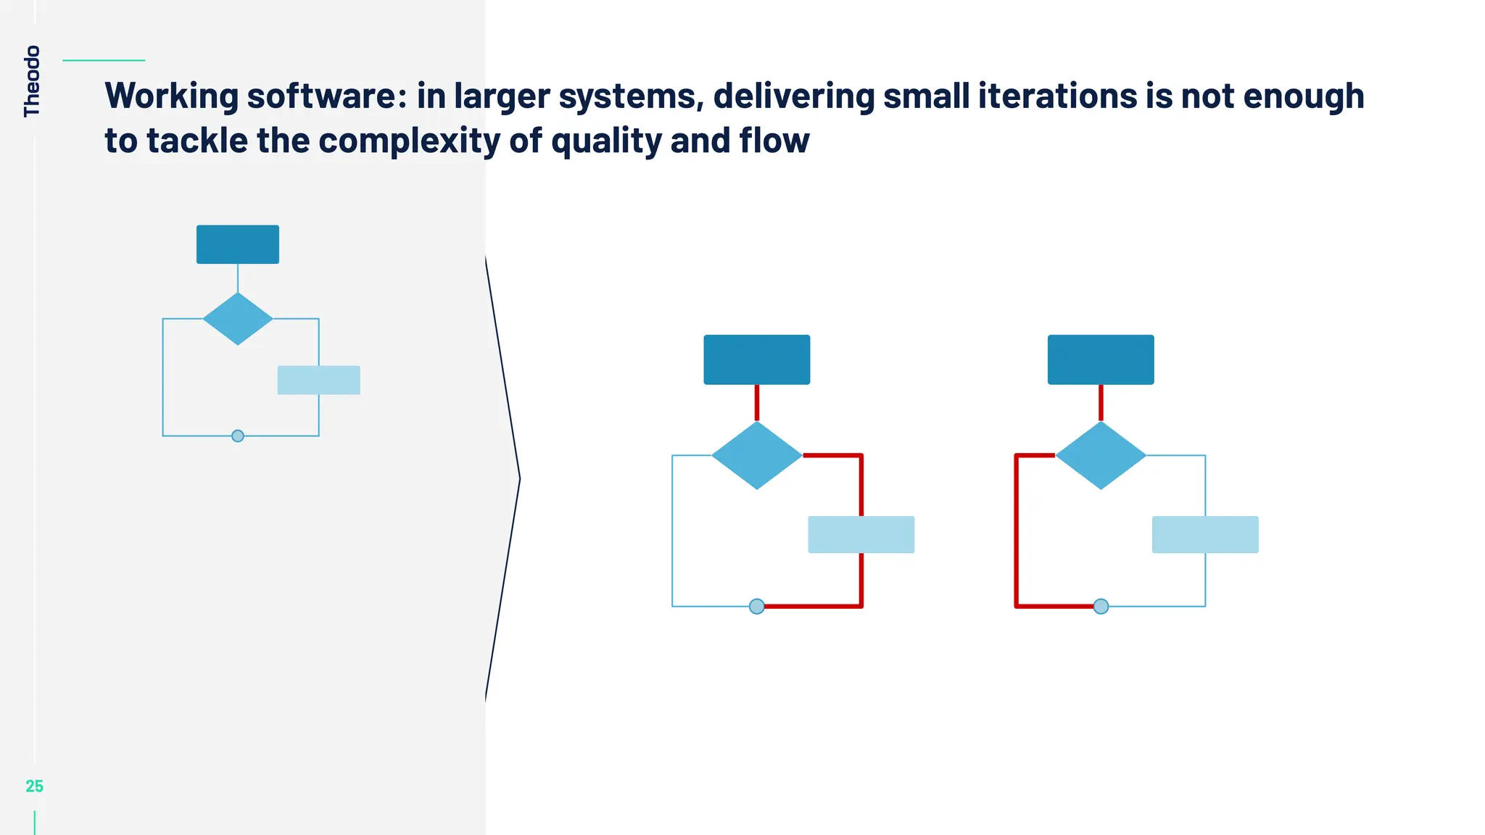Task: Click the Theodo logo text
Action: coord(32,80)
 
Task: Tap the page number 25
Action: coord(34,786)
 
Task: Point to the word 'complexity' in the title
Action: coord(409,141)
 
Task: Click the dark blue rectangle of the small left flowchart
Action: coord(238,244)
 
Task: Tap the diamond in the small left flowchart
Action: coord(238,319)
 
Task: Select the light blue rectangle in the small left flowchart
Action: coord(319,380)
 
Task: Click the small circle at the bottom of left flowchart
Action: coord(238,436)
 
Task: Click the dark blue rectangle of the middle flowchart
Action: coord(756,360)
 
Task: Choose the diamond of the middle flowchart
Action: coord(756,455)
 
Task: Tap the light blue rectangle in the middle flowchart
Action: coord(861,534)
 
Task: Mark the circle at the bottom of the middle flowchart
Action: coord(756,606)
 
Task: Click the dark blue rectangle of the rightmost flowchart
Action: coord(1101,360)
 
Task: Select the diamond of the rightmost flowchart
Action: coord(1101,455)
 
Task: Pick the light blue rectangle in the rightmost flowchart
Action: coord(1205,534)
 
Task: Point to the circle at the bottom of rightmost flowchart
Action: coord(1101,606)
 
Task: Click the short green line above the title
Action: coord(104,60)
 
